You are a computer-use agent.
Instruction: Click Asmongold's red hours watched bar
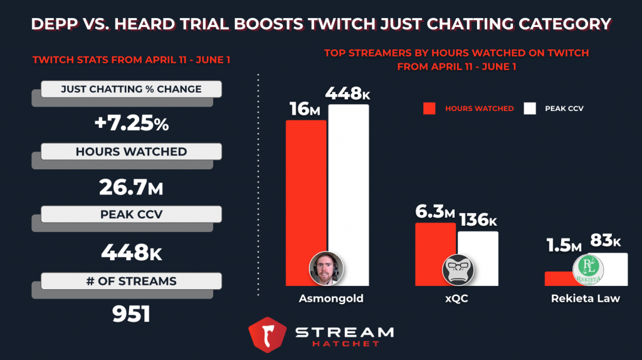306,188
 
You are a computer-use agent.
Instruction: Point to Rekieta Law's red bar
558,279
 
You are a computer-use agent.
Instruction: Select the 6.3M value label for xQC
435,212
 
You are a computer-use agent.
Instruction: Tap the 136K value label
478,220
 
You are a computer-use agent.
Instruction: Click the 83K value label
606,241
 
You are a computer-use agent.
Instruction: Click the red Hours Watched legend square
429,109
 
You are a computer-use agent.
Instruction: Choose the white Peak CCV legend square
530,109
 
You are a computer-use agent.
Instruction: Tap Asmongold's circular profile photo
326,270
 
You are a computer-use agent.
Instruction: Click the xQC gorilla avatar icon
458,270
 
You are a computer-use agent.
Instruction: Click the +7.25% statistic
131,124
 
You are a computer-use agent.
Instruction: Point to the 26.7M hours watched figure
131,187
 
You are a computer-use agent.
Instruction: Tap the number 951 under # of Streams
131,314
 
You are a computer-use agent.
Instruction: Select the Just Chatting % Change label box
131,89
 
